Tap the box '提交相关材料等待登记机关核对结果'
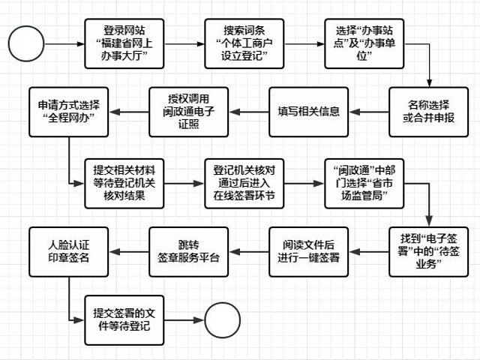[120, 182]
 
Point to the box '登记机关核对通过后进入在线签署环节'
[240, 182]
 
